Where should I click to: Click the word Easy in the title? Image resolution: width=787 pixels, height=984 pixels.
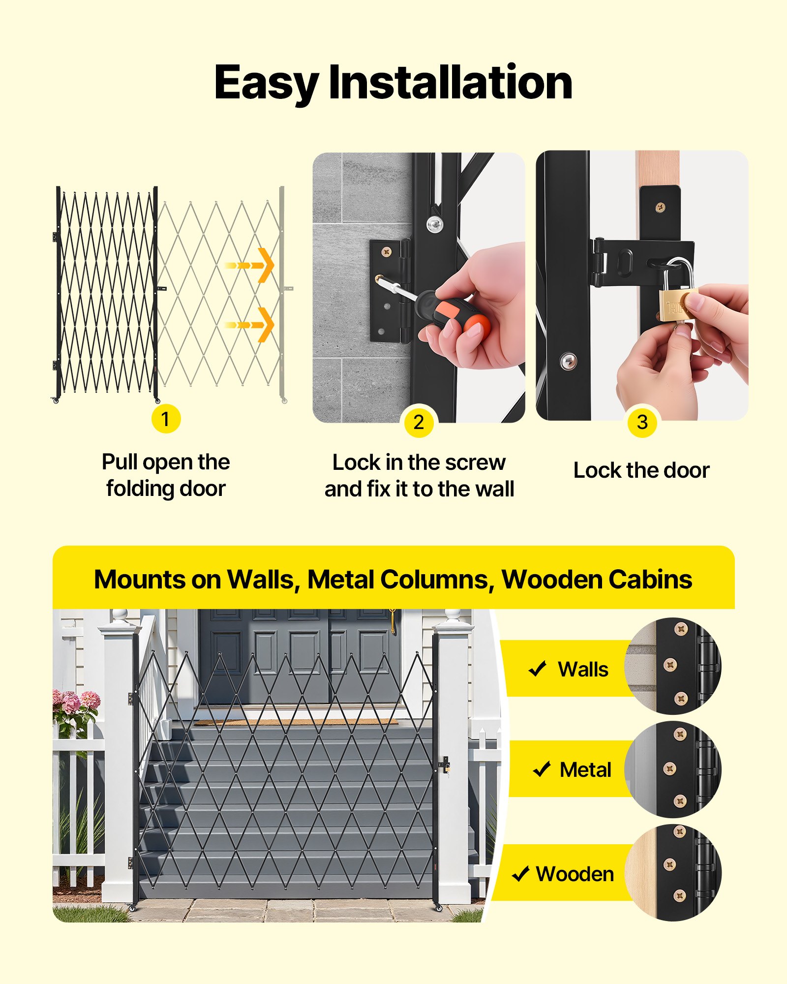(266, 83)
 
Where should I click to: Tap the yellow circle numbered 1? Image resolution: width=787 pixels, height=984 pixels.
(166, 419)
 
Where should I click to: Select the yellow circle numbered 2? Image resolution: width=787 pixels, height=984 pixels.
(419, 422)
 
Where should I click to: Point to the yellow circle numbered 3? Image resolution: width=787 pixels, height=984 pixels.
(642, 422)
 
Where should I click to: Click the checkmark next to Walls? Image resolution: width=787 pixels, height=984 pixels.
(537, 669)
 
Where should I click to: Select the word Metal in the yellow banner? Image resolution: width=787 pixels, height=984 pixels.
(585, 770)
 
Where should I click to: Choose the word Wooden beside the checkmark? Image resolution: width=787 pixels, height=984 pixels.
(575, 874)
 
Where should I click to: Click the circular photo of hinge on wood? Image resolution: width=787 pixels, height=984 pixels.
(672, 873)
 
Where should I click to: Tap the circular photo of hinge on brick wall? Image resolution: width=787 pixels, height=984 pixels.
(672, 666)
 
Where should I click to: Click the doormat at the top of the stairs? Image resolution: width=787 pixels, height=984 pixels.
(295, 722)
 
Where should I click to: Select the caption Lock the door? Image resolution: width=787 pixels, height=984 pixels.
(641, 470)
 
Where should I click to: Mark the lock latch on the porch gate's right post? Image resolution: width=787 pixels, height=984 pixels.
(445, 765)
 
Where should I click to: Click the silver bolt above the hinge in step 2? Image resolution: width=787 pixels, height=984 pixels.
(434, 225)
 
